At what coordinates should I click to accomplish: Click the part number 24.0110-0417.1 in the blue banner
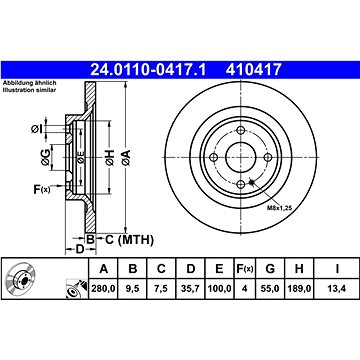149,70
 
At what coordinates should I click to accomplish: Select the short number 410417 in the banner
254,70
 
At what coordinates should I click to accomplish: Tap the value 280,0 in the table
104,288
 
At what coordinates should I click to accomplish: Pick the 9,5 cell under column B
132,288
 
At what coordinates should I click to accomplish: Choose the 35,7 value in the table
190,288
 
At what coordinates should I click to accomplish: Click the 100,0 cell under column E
219,288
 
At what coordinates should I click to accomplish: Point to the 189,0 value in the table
299,288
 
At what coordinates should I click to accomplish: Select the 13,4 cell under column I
337,288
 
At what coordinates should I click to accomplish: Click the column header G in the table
270,269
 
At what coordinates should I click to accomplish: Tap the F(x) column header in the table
244,269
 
